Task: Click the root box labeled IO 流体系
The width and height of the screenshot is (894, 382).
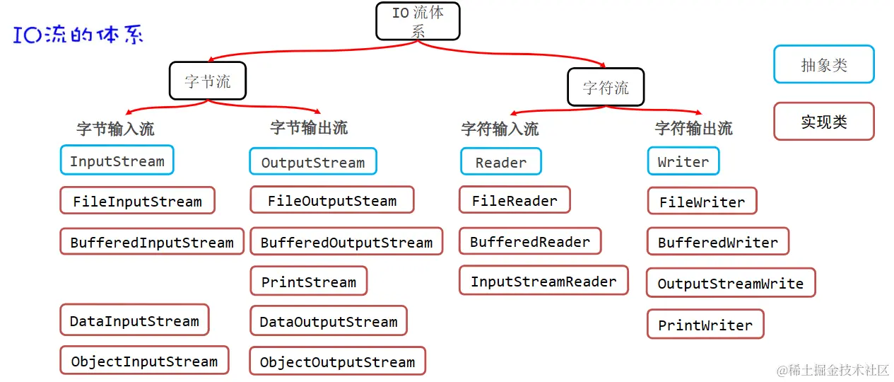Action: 418,21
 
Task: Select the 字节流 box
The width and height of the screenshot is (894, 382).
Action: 208,81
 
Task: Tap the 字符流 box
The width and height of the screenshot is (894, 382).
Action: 606,88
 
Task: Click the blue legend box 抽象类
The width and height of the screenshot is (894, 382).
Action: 823,65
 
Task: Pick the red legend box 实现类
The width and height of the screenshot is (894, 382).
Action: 823,122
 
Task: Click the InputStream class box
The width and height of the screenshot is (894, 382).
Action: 117,161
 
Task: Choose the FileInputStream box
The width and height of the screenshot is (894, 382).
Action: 137,201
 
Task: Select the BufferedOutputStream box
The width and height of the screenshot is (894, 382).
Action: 346,242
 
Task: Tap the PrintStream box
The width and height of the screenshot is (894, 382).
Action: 309,282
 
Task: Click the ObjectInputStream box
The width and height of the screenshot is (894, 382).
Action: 144,361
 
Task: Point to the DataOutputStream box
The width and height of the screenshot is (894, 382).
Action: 329,321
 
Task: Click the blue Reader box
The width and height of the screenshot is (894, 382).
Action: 500,162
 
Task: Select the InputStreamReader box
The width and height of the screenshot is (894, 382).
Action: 543,281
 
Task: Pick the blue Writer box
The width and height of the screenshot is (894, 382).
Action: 683,161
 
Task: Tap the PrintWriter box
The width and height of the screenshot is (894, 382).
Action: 705,325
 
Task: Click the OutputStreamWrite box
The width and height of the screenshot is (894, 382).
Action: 731,283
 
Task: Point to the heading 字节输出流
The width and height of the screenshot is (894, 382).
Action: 309,128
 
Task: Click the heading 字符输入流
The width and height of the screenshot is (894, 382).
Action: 500,129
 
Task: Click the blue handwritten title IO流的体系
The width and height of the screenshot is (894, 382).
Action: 78,35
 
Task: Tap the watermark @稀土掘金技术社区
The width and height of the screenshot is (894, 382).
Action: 833,370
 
